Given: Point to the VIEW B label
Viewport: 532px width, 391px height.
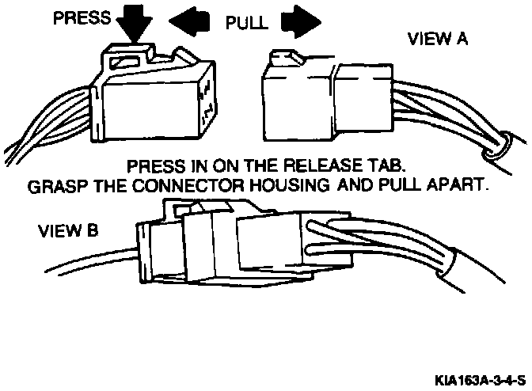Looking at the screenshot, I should click(69, 232).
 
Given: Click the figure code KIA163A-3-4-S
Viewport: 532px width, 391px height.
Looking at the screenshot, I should click(478, 378).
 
